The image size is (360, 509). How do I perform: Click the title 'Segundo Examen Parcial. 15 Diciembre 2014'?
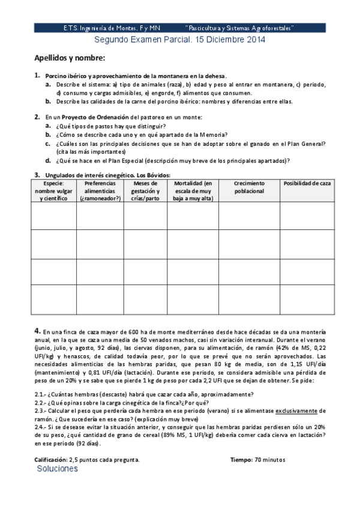tap(180, 40)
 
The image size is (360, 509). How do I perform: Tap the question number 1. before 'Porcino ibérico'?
tap(37, 76)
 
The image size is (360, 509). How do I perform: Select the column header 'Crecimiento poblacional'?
tap(248, 187)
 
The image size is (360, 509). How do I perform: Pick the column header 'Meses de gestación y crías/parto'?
tap(145, 190)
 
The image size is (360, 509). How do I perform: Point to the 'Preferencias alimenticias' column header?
tap(100, 190)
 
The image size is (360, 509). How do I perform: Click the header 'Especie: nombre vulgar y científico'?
tap(53, 190)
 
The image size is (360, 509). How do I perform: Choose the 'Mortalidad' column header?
tap(193, 190)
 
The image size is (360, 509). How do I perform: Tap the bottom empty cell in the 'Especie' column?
tap(53, 300)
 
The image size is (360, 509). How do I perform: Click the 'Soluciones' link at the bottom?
tap(57, 469)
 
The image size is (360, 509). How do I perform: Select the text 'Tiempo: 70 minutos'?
tap(258, 459)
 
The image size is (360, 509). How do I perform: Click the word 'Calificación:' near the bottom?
tap(50, 459)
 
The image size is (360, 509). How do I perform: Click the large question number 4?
tap(37, 331)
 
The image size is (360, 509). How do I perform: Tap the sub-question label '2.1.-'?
tap(43, 394)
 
